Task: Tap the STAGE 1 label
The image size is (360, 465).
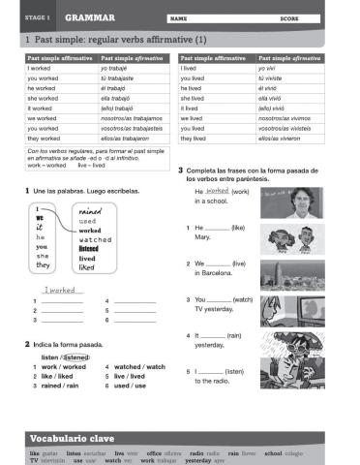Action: [x=35, y=17]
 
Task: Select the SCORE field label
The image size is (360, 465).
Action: [x=288, y=17]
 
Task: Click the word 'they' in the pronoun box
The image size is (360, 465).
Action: [x=43, y=264]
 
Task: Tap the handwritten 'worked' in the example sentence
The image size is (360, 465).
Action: [x=217, y=191]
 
